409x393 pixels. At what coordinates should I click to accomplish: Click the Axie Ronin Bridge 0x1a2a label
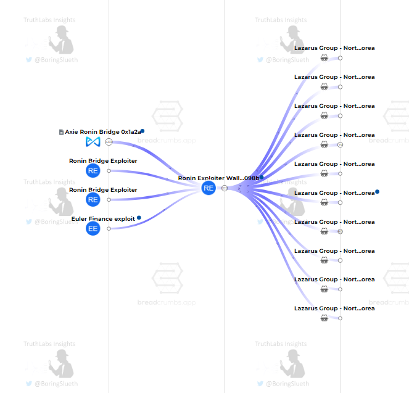(102, 132)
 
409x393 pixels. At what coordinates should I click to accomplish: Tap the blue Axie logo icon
(93, 142)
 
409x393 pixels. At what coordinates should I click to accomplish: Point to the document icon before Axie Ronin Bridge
(61, 132)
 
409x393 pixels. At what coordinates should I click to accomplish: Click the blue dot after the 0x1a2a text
(143, 131)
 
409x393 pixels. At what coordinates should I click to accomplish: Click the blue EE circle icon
(93, 228)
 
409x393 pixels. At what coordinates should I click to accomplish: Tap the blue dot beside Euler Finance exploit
(139, 218)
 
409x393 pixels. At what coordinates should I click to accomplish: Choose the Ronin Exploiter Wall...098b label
(218, 178)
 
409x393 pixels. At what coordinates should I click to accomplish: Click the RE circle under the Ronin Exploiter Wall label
(209, 188)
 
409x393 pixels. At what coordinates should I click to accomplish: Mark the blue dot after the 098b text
(262, 177)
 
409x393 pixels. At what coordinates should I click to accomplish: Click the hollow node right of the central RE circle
(225, 188)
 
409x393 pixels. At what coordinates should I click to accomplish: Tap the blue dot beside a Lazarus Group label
(377, 192)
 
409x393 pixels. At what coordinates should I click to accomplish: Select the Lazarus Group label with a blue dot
(334, 192)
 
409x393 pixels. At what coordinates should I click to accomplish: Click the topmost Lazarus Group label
(334, 48)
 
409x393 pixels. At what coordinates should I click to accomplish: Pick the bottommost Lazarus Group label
(334, 308)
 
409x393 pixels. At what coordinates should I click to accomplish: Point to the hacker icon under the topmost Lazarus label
(324, 58)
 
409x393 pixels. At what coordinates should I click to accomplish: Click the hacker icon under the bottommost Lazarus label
(324, 318)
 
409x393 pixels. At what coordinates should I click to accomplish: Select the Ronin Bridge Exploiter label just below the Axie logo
(103, 161)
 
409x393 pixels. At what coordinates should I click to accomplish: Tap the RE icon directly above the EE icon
(93, 199)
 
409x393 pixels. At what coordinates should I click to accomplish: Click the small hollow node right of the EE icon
(109, 228)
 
